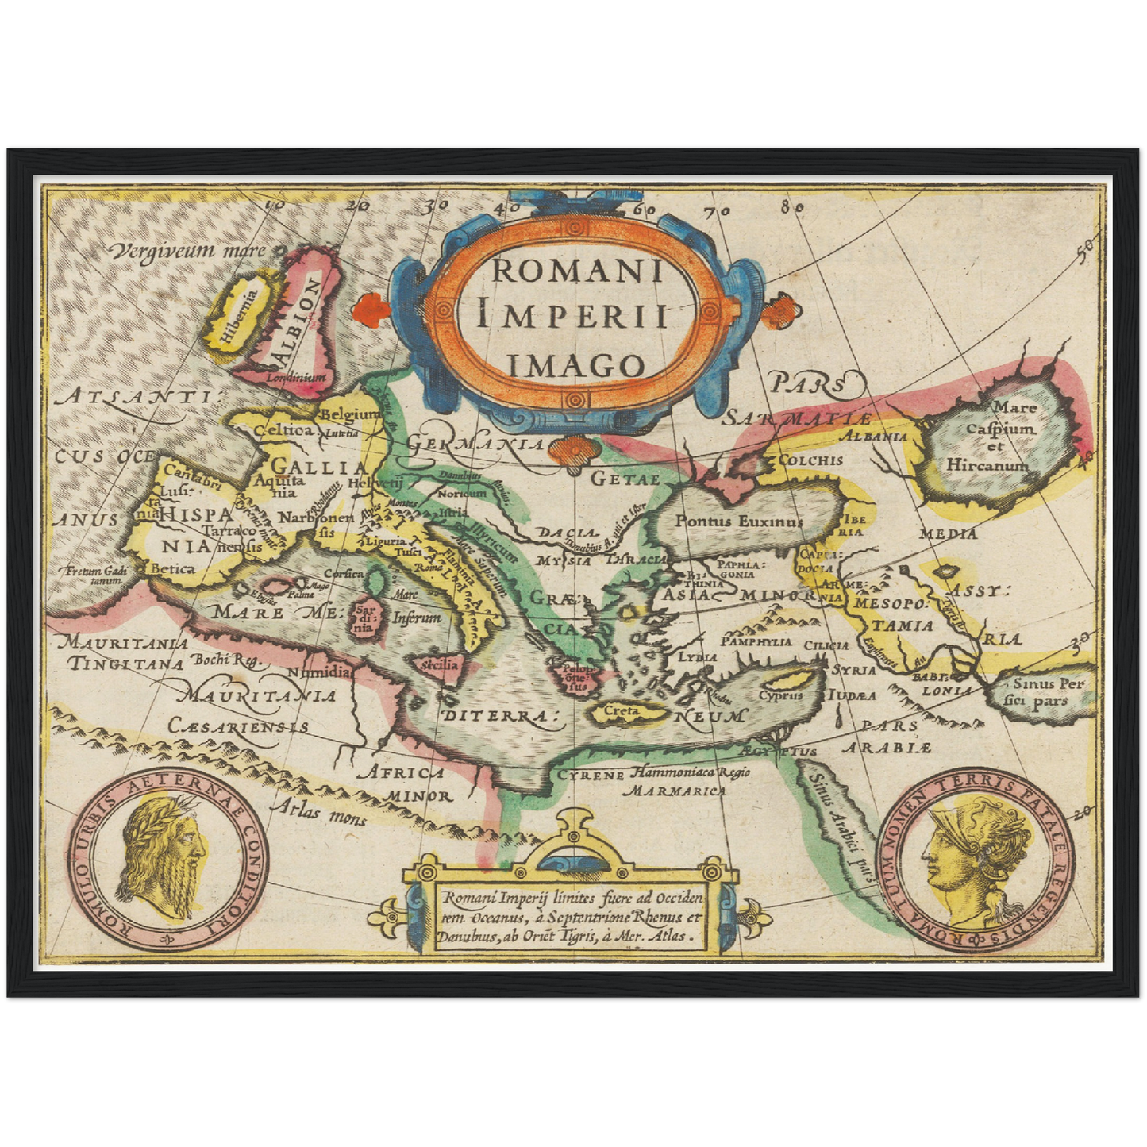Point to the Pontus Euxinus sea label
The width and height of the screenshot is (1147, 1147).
coord(738,522)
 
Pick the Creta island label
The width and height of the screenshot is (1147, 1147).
coord(621,711)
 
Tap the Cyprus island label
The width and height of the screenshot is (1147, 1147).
coord(781,695)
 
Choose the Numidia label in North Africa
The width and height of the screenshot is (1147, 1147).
coord(318,672)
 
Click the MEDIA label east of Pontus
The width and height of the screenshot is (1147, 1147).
coord(948,534)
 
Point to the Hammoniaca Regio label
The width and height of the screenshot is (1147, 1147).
coord(691,772)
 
